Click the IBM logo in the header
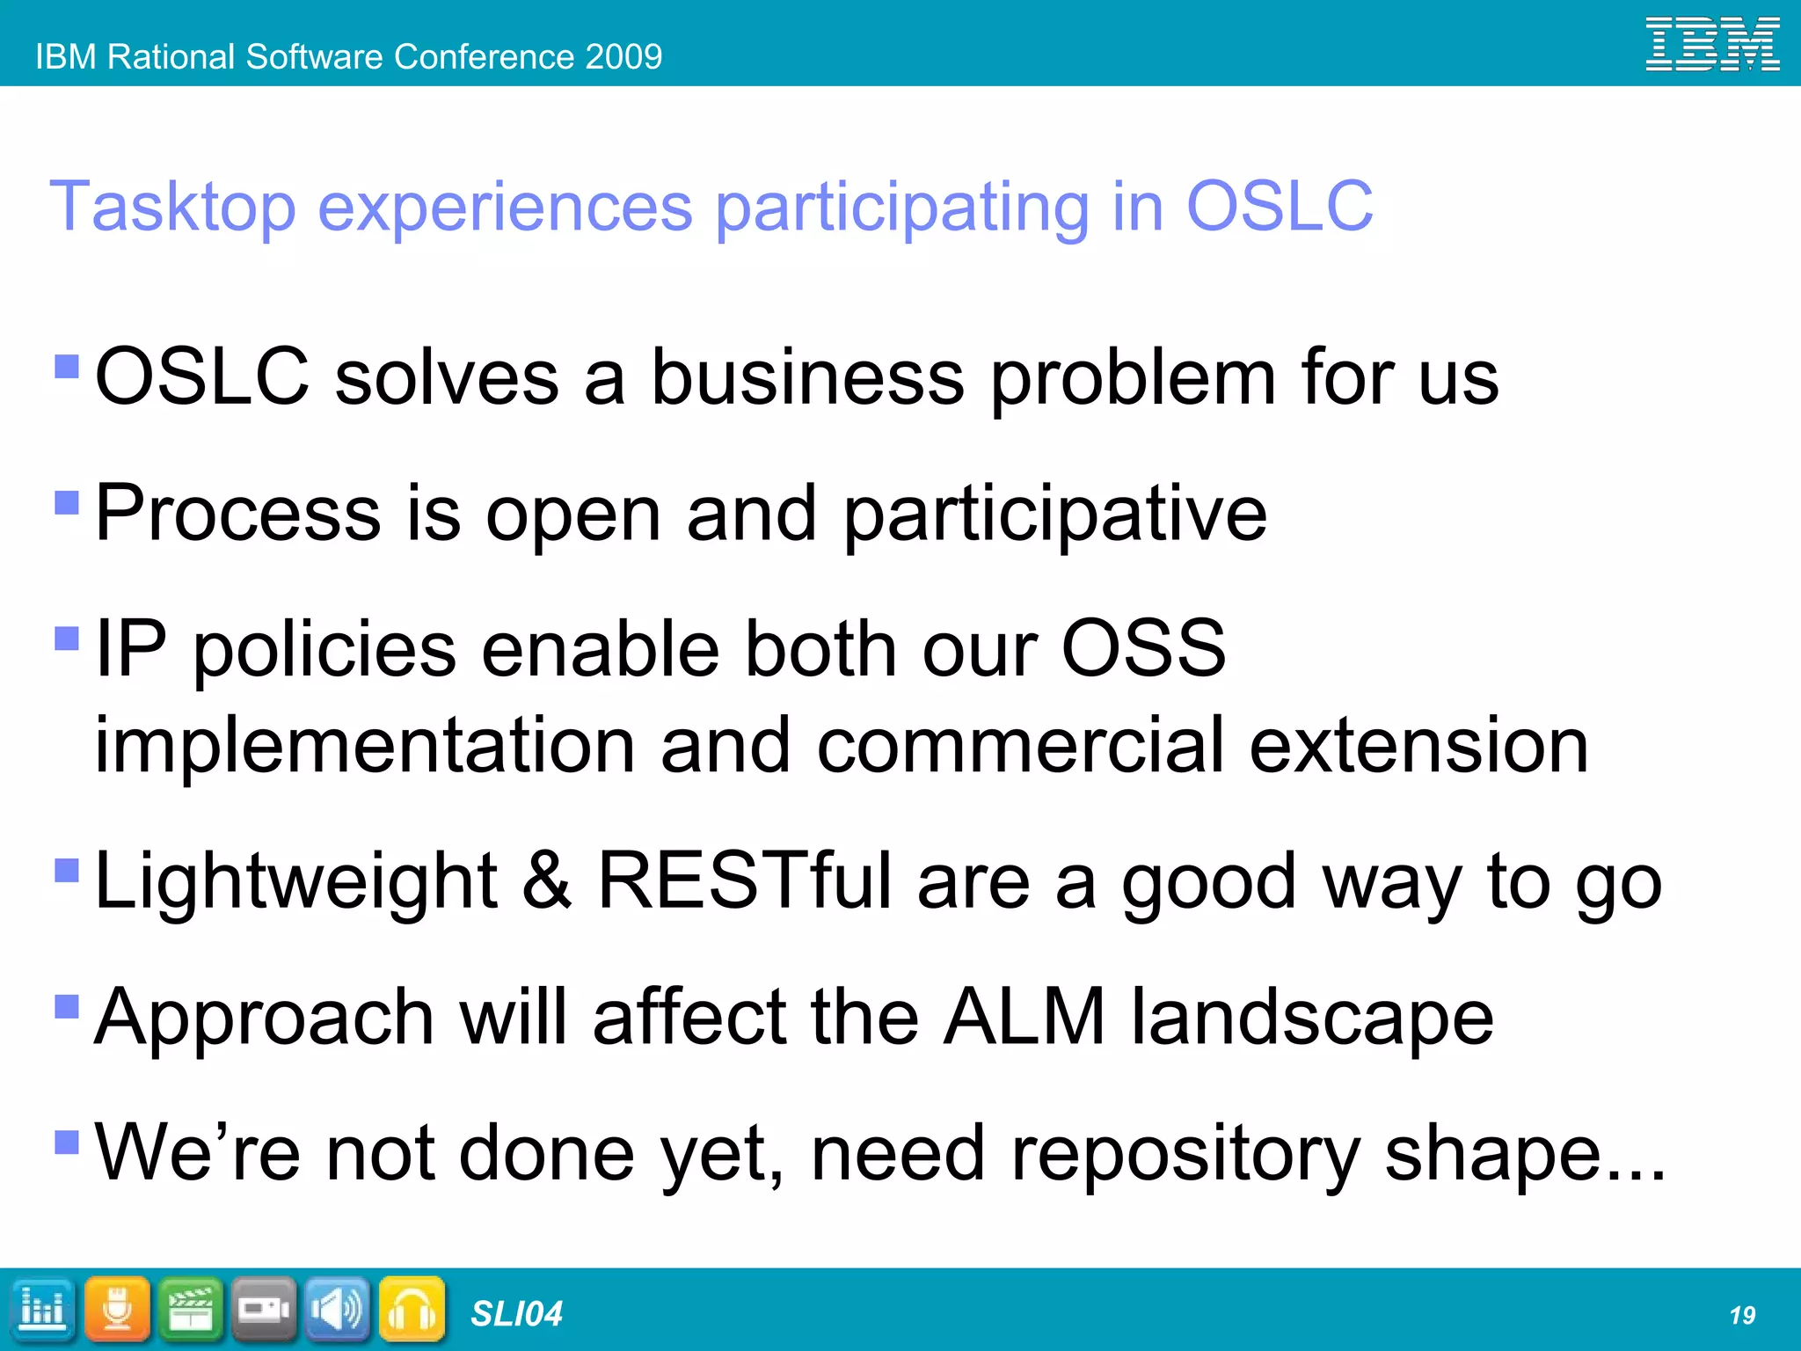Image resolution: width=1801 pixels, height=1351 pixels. point(1712,44)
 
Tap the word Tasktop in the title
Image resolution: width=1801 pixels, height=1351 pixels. point(172,208)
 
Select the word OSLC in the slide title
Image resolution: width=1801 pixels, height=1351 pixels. point(1280,206)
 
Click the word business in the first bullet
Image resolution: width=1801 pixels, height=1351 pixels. point(807,377)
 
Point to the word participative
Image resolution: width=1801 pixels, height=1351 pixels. point(1055,514)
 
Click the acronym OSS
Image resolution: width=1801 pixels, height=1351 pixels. point(1143,648)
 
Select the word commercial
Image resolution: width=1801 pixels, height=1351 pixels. point(1020,746)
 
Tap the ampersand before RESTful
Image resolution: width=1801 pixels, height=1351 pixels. point(547,881)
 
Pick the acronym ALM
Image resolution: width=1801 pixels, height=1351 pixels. point(1024,1018)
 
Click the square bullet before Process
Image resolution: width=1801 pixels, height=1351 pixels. point(67,502)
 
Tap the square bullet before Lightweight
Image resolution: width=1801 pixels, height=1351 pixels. point(67,870)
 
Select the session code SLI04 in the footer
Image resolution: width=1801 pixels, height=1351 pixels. point(516,1314)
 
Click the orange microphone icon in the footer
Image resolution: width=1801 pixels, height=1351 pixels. point(117,1310)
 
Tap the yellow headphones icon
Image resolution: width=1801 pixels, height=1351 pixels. point(412,1310)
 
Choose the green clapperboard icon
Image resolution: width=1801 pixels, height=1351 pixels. point(191,1310)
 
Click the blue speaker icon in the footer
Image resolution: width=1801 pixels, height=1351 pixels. point(338,1310)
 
